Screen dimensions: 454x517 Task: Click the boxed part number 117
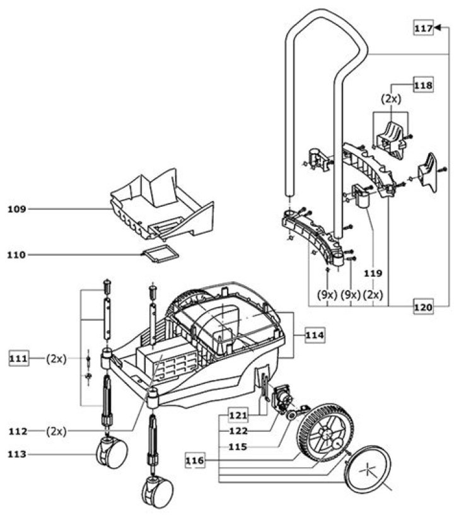point(423,28)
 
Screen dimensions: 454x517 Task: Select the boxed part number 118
point(423,85)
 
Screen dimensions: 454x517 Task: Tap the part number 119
point(373,274)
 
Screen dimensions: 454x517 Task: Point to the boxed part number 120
point(423,307)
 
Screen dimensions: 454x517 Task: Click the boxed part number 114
point(315,335)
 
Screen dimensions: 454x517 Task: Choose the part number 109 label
point(17,209)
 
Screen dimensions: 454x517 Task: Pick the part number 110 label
point(16,255)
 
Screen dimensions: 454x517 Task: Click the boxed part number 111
point(19,358)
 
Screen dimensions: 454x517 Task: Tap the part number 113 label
point(17,454)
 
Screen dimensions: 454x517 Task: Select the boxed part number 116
point(195,460)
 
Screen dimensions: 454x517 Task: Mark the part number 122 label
point(238,431)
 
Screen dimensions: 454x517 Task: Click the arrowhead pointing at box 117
point(438,28)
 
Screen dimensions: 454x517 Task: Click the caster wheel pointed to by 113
point(112,453)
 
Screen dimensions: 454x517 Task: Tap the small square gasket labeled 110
point(160,254)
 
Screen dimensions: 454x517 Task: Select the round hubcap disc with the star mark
point(367,470)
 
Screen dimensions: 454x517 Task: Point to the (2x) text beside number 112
point(56,431)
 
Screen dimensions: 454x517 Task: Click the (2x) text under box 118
point(392,99)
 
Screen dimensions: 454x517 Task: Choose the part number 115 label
point(238,447)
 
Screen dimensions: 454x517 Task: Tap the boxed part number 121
point(238,415)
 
